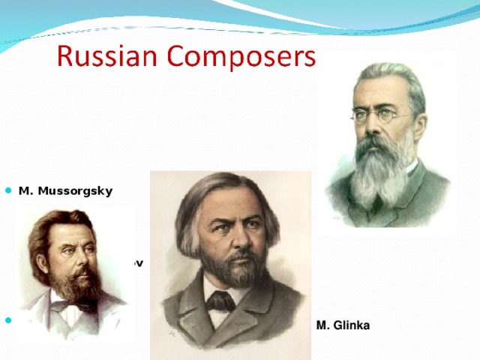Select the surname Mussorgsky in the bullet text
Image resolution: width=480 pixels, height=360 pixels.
(73, 190)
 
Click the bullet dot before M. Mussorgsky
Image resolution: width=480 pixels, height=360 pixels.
(8, 190)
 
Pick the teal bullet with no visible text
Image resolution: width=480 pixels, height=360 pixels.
(8, 321)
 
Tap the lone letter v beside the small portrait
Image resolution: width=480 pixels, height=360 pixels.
(139, 264)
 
